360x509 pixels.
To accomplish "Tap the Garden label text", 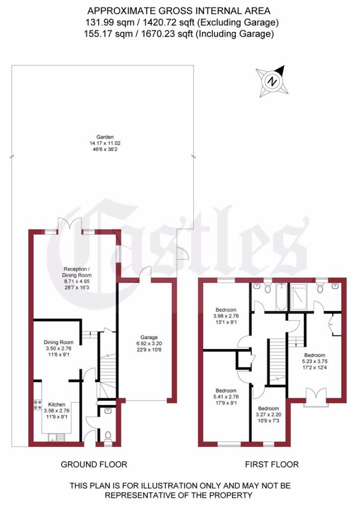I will click(x=105, y=137).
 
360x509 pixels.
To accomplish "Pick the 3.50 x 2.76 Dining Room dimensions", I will click(x=59, y=348).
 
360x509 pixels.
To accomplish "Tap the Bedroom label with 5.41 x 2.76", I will click(x=226, y=391).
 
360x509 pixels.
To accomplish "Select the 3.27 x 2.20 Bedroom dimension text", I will click(x=269, y=414).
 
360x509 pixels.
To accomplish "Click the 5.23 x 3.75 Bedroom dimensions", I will click(x=315, y=362).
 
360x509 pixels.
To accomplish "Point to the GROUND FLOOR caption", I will click(x=94, y=464).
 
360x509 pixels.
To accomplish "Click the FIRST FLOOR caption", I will click(x=271, y=464).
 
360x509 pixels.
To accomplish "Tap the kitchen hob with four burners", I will click(x=37, y=405).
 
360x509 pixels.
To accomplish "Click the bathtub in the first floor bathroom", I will click(x=281, y=297).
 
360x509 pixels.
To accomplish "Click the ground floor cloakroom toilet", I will click(x=108, y=435).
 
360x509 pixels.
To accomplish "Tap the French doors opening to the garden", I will click(x=69, y=225).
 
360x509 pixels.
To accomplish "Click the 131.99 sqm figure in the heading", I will click(x=103, y=22).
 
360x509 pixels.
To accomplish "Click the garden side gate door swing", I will click(x=182, y=254).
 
